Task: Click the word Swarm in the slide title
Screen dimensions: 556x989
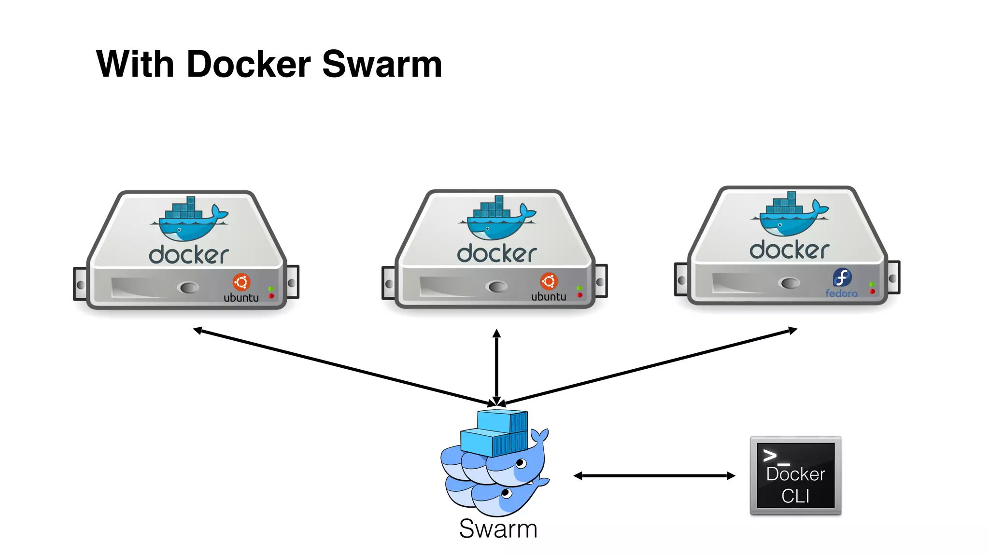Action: pyautogui.click(x=382, y=64)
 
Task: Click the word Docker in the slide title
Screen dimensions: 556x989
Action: pyautogui.click(x=248, y=64)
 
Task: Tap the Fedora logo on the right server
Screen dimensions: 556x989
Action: pyautogui.click(x=842, y=278)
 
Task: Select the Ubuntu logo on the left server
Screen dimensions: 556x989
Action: pyautogui.click(x=241, y=282)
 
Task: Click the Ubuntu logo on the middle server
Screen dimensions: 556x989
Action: pyautogui.click(x=549, y=281)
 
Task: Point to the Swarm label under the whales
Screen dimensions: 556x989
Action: pyautogui.click(x=498, y=528)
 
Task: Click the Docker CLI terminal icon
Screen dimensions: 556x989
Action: pyautogui.click(x=795, y=476)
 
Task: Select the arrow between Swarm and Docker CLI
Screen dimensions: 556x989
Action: pyautogui.click(x=654, y=476)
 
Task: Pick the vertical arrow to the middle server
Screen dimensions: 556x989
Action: pyautogui.click(x=496, y=367)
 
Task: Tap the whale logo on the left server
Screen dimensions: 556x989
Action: pyautogui.click(x=189, y=220)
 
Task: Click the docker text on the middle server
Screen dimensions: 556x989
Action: pyautogui.click(x=497, y=254)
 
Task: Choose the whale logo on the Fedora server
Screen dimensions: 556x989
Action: pyautogui.click(x=790, y=215)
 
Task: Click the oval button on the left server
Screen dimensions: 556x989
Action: pyautogui.click(x=189, y=288)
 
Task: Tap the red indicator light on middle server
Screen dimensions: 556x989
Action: pyautogui.click(x=580, y=295)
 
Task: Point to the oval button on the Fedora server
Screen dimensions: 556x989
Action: pyautogui.click(x=790, y=283)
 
